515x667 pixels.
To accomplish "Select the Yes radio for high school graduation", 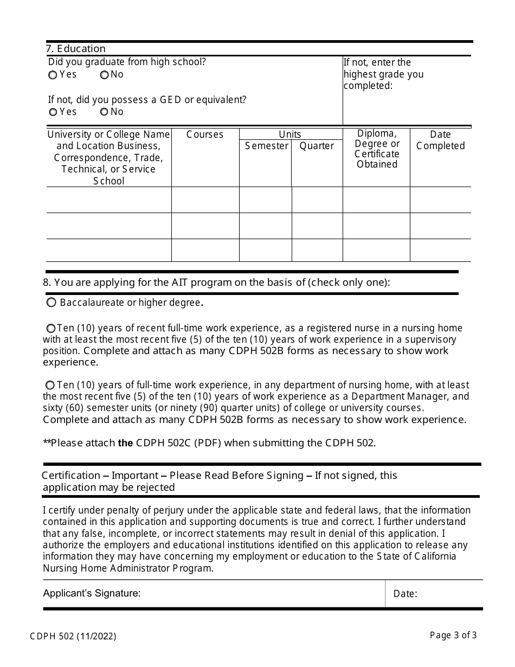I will [x=53, y=75].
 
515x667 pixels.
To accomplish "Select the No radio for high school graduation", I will [x=104, y=75].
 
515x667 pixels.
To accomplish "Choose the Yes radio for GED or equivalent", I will [x=53, y=112].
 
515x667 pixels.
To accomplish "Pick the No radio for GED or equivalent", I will [x=104, y=112].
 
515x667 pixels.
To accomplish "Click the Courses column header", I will [x=205, y=134].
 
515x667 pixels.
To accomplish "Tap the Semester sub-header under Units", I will [x=266, y=146].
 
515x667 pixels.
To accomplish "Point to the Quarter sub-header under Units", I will [x=317, y=146].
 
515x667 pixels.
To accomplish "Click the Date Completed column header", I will [x=440, y=140].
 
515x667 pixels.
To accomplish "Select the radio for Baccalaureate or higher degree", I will [x=51, y=302].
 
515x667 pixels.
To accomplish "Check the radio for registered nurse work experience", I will [x=50, y=328].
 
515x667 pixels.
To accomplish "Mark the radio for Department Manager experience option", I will [x=50, y=385].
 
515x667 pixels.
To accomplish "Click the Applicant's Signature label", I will [x=92, y=593].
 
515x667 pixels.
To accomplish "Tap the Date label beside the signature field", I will [x=405, y=594].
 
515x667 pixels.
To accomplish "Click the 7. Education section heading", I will [x=76, y=49].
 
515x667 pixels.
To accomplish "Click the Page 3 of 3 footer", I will [x=453, y=635].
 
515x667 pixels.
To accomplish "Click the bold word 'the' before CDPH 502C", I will [x=125, y=443].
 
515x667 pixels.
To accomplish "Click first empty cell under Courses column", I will [x=205, y=200].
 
